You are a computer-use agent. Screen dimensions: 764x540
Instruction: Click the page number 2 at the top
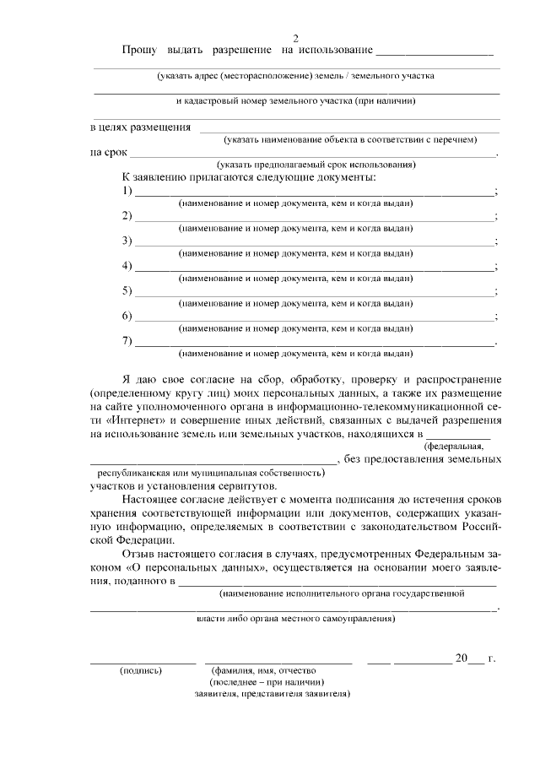click(295, 39)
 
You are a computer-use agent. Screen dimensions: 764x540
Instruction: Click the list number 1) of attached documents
click(127, 191)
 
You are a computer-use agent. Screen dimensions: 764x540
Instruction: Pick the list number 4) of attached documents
click(127, 267)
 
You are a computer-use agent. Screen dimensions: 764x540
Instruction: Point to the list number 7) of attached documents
click(127, 341)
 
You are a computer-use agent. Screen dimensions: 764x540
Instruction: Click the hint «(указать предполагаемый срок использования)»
click(316, 164)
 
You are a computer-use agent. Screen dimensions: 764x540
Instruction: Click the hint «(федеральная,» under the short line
click(455, 445)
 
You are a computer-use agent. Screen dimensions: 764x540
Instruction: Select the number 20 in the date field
click(461, 658)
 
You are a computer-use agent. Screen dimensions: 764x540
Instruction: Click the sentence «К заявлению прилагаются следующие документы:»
click(249, 177)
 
